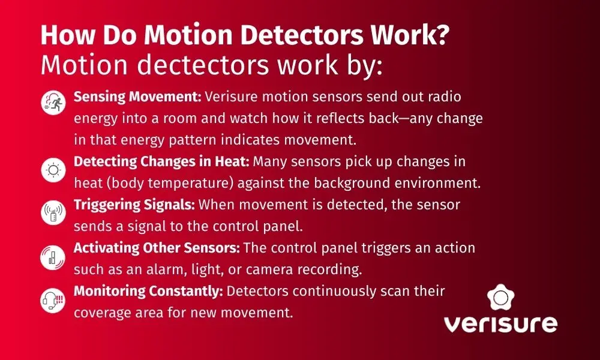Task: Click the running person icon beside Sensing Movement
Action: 52,103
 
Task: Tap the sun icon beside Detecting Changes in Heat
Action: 52,171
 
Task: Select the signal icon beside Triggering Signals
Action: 52,214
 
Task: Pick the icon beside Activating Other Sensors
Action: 52,257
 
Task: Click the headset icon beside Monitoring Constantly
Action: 52,300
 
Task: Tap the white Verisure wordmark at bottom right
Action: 500,325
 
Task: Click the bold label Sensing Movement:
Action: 137,97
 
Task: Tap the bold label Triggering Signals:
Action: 134,205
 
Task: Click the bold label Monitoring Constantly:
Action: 148,291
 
